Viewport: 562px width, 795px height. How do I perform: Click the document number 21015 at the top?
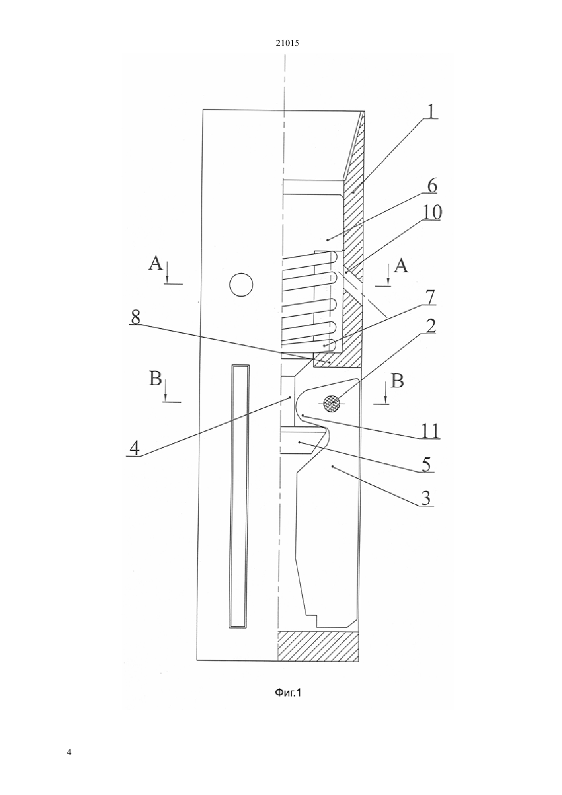pyautogui.click(x=287, y=43)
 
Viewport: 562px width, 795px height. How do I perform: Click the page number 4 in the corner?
pyautogui.click(x=69, y=752)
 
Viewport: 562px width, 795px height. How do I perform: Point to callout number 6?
pyautogui.click(x=432, y=185)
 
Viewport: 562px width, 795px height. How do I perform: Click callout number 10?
pyautogui.click(x=432, y=212)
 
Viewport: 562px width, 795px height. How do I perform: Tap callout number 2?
pyautogui.click(x=430, y=325)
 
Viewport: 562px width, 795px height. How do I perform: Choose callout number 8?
pyautogui.click(x=135, y=317)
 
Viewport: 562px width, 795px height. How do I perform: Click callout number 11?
pyautogui.click(x=430, y=431)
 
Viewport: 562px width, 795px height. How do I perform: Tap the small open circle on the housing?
pyautogui.click(x=241, y=285)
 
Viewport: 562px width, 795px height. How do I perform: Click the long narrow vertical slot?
pyautogui.click(x=240, y=496)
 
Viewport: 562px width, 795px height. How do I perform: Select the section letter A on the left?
pyautogui.click(x=155, y=263)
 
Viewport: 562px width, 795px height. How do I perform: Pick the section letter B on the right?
pyautogui.click(x=397, y=381)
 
